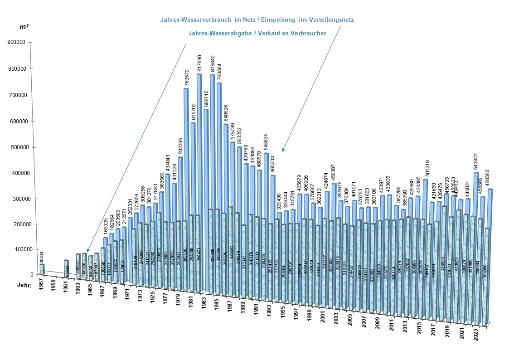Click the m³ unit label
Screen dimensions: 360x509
click(x=24, y=27)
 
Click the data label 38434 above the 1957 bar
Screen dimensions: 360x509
click(x=42, y=257)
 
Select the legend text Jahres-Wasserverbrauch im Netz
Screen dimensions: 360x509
click(x=257, y=20)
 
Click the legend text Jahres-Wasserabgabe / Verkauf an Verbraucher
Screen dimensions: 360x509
click(x=257, y=34)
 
